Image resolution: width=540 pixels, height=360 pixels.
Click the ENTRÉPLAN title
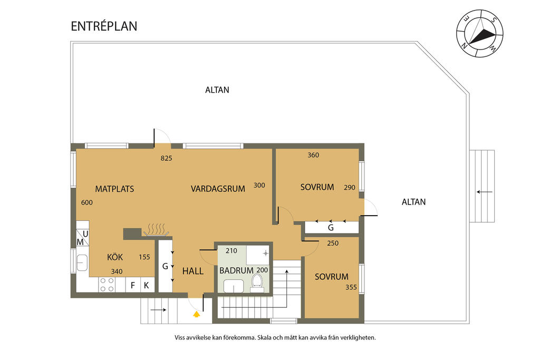point(104,26)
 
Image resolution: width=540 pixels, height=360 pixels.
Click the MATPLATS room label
point(114,189)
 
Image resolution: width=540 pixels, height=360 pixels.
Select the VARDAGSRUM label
point(218,189)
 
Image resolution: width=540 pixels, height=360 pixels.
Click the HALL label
point(192,271)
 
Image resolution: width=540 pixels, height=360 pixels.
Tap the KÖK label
point(115,257)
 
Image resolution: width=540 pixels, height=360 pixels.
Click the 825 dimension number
point(167,158)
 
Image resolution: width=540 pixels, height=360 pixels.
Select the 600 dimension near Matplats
point(87,202)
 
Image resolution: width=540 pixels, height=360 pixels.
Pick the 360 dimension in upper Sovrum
point(313,155)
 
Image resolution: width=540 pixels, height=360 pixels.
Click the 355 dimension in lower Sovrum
point(351,287)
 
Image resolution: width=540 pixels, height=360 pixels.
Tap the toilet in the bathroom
point(257,281)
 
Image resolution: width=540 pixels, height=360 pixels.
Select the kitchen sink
point(82,262)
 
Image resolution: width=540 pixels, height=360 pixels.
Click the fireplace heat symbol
point(156,229)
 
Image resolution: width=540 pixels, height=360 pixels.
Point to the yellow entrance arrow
point(197,314)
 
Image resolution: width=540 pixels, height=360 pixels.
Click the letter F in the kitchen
point(133,286)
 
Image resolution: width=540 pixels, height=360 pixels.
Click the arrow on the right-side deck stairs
point(484,192)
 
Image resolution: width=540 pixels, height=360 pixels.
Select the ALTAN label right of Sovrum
point(413,201)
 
